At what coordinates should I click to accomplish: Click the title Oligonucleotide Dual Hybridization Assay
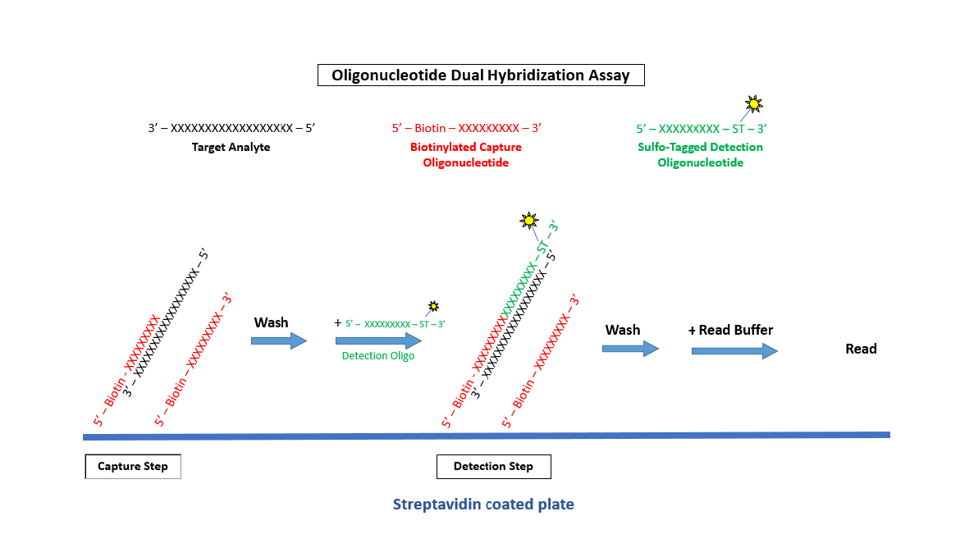click(481, 75)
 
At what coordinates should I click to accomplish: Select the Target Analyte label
click(231, 148)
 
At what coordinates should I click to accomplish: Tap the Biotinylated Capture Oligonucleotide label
click(466, 155)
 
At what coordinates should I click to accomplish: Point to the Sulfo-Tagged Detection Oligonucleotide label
click(700, 155)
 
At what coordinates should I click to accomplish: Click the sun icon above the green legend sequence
click(753, 104)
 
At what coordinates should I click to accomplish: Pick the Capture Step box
click(133, 467)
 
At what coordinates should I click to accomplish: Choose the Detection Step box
click(493, 467)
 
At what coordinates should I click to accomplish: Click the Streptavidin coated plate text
click(483, 505)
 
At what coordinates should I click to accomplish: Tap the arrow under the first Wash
click(279, 340)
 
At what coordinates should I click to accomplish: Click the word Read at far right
click(861, 349)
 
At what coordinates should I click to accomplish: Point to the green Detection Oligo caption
click(377, 356)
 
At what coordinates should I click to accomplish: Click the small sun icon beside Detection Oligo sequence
click(432, 307)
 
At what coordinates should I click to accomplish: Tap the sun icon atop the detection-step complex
click(529, 221)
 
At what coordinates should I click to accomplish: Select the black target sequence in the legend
click(231, 129)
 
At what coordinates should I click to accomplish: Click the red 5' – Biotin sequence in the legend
click(466, 129)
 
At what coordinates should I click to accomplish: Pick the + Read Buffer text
click(730, 331)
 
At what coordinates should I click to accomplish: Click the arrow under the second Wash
click(630, 349)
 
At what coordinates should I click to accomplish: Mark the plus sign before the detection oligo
click(337, 323)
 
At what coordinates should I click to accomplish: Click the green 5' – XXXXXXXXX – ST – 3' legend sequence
click(701, 129)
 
